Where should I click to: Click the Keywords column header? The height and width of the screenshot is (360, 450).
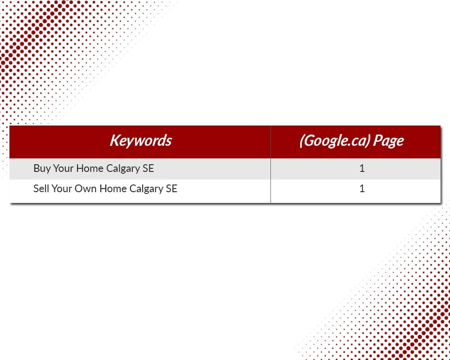tap(140, 140)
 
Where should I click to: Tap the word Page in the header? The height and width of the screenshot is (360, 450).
tap(389, 141)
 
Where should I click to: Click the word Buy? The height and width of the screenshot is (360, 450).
tap(42, 168)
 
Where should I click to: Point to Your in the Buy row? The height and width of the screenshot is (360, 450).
tap(63, 168)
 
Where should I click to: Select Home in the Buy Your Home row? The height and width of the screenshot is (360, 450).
tap(90, 168)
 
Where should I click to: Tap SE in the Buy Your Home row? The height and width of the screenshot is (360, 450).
tap(148, 168)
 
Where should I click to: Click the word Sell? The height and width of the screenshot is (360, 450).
tap(41, 189)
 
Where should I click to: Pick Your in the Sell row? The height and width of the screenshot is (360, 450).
tap(62, 189)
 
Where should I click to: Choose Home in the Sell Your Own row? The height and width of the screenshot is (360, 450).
tap(113, 189)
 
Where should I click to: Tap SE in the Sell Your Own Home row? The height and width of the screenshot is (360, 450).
tap(171, 189)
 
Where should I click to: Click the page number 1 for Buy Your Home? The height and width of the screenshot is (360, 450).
tap(362, 168)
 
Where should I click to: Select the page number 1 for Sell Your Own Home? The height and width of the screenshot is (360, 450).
tap(362, 189)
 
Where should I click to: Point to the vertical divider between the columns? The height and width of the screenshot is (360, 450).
tap(270, 164)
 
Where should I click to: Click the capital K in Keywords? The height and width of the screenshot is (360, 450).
tap(115, 140)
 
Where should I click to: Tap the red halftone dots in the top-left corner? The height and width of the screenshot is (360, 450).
tap(43, 43)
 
